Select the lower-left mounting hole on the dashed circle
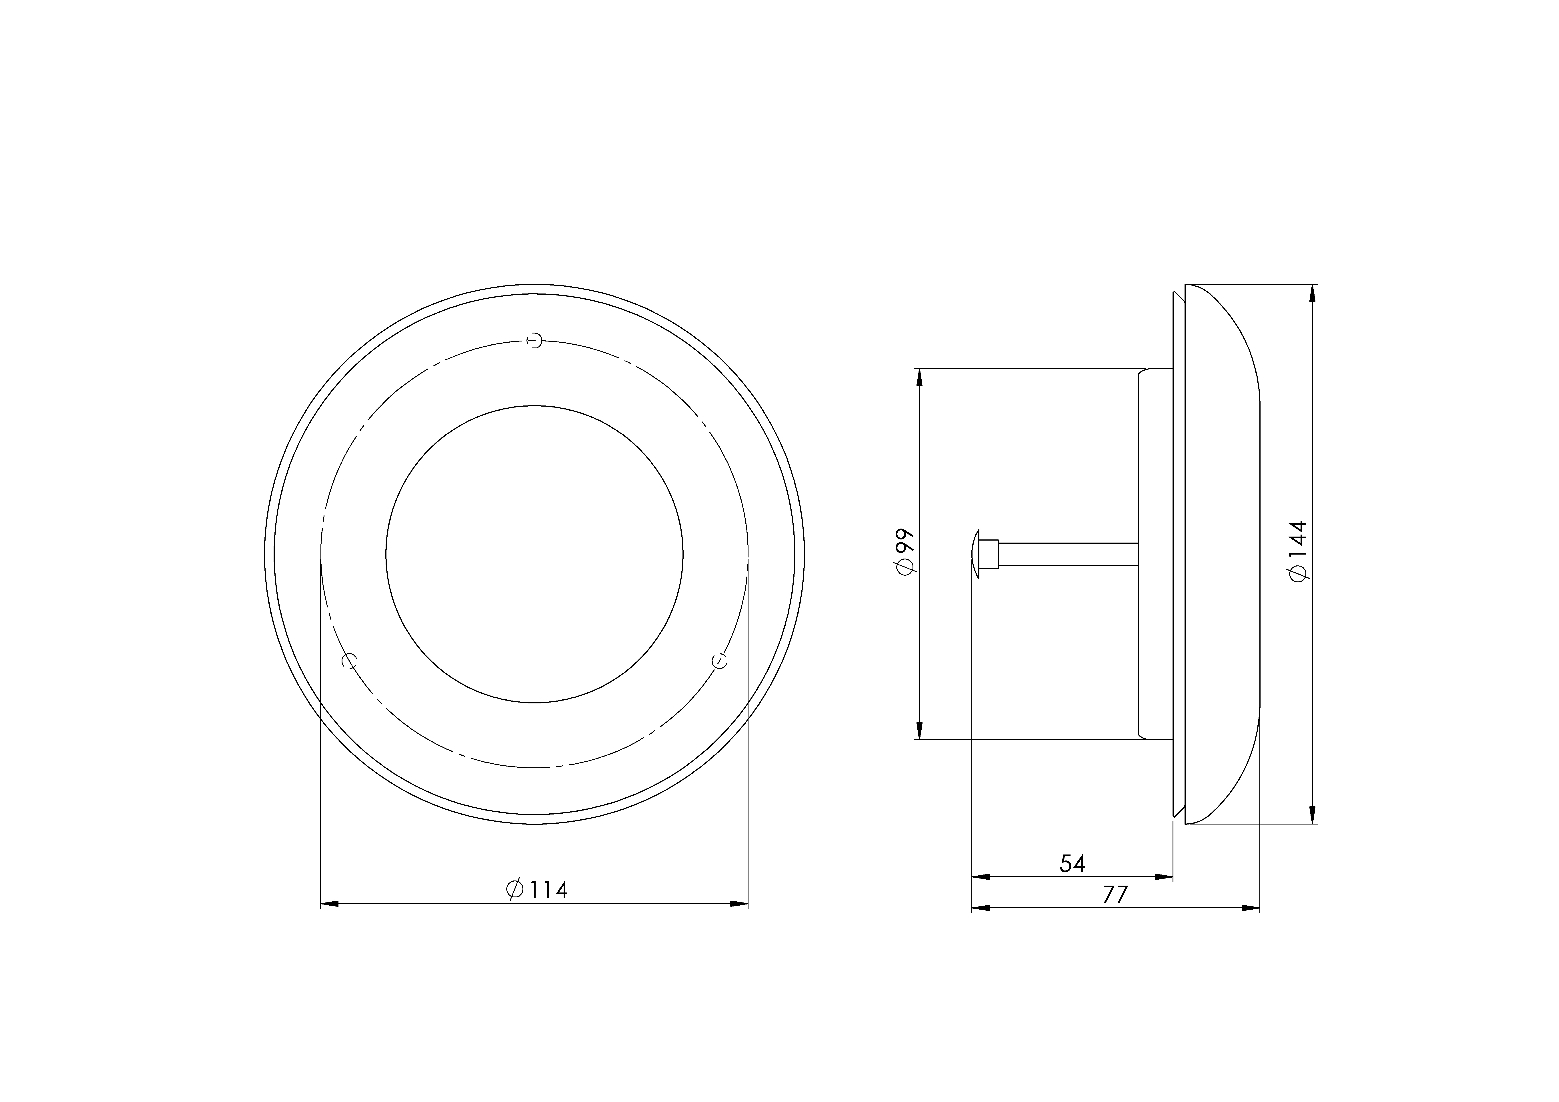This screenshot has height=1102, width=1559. pos(349,661)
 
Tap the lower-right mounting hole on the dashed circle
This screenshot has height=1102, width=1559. pos(719,661)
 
